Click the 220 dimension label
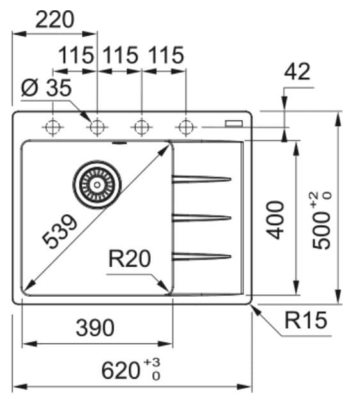pyautogui.click(x=55, y=20)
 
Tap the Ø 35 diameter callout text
pyautogui.click(x=46, y=88)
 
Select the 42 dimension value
pyautogui.click(x=297, y=72)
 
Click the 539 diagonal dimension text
pyautogui.click(x=59, y=232)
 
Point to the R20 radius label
pyautogui.click(x=130, y=259)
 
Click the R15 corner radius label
pyautogui.click(x=306, y=320)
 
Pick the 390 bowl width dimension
pyautogui.click(x=95, y=328)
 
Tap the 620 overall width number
pyautogui.click(x=121, y=370)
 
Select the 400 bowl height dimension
pyautogui.click(x=275, y=220)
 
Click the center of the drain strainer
pyautogui.click(x=97, y=184)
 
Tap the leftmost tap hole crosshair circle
pyautogui.click(x=52, y=127)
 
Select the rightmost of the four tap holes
pyautogui.click(x=186, y=127)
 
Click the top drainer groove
pyautogui.click(x=201, y=179)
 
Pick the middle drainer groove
pyautogui.click(x=201, y=218)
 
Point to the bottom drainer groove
pyautogui.click(x=201, y=257)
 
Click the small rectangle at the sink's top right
pyautogui.click(x=234, y=123)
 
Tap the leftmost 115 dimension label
pyautogui.click(x=76, y=55)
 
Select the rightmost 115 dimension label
pyautogui.click(x=166, y=55)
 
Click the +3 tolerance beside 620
pyautogui.click(x=152, y=363)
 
